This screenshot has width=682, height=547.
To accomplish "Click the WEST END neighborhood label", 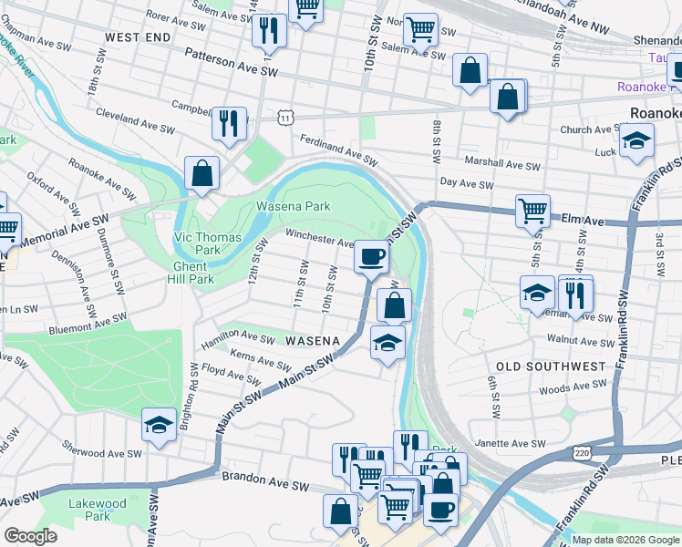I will (138, 37).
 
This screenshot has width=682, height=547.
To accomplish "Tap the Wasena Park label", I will (293, 206).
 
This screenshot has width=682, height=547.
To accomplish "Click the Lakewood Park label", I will (97, 510).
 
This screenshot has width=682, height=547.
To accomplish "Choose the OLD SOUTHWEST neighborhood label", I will (546, 366).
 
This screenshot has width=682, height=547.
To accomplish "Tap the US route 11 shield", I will (286, 119).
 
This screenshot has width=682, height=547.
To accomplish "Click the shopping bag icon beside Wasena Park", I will (201, 173).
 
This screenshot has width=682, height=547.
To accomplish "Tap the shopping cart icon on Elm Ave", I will (532, 211).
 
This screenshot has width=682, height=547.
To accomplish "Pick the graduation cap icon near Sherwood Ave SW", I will (160, 426).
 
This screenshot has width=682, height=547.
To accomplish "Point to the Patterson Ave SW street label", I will (231, 62).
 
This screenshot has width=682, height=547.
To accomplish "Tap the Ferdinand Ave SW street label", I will (338, 150).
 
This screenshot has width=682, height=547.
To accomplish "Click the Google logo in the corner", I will (30, 536).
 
